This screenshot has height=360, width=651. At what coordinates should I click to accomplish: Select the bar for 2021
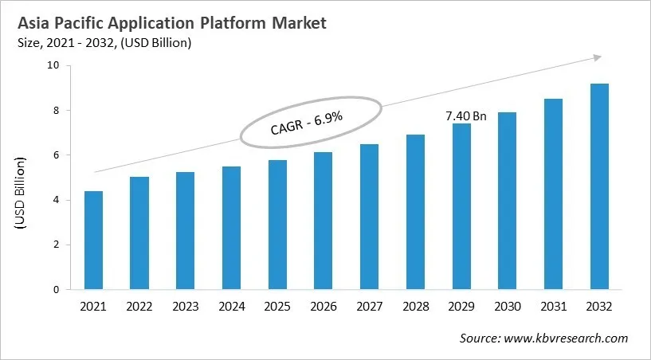94,241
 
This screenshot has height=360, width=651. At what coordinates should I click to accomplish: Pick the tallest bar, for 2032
599,186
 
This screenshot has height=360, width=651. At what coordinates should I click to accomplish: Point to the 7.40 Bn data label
465,115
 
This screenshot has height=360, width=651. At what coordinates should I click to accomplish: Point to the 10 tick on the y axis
53,65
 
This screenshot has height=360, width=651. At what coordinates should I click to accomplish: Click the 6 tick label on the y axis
57,155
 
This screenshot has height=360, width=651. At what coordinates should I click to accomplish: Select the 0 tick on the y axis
57,290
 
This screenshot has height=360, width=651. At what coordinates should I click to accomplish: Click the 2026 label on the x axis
321,307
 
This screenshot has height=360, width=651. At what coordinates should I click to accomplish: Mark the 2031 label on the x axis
553,307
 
